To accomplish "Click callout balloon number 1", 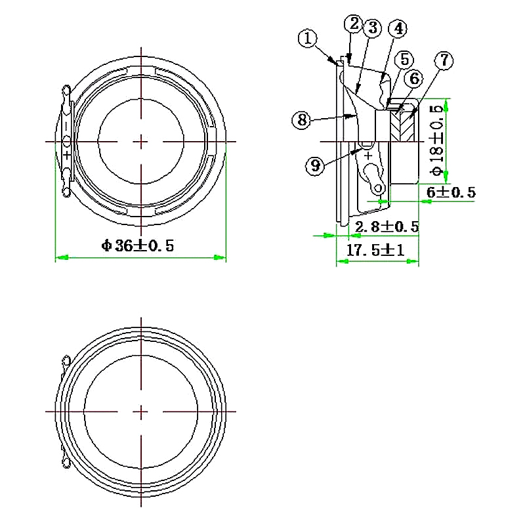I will (x=308, y=38).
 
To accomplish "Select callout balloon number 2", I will (x=354, y=24).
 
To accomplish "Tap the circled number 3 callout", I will (x=372, y=28).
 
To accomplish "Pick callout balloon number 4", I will (x=398, y=29).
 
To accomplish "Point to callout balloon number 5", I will (x=403, y=59).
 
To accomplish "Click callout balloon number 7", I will (x=444, y=60).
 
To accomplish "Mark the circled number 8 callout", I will (x=301, y=119).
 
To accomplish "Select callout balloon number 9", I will (x=316, y=166).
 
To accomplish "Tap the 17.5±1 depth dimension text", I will (x=375, y=250).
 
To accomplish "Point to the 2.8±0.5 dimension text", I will (x=386, y=226).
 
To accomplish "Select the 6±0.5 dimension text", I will (x=450, y=192).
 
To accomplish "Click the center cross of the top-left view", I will (x=141, y=141).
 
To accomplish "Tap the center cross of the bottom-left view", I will (x=141, y=411).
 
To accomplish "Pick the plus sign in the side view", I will (x=368, y=156).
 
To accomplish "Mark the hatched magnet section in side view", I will (x=402, y=124).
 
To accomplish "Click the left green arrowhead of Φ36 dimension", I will (x=60, y=257).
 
